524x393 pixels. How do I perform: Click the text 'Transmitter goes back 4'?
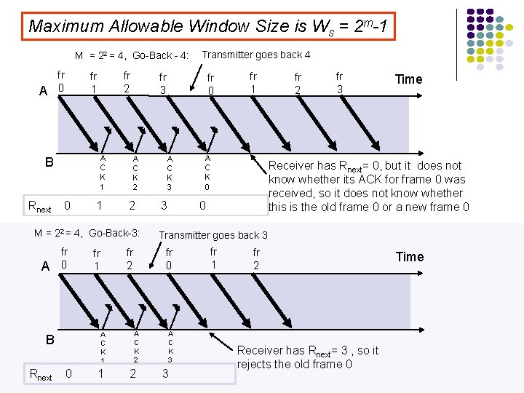point(256,55)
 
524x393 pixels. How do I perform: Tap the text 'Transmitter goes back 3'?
point(213,234)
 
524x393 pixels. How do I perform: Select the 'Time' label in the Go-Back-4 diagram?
point(408,79)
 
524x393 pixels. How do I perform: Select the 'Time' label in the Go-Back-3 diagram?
point(409,256)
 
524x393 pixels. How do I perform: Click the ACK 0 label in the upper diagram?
point(207,172)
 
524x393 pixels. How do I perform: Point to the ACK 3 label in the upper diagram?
point(169,172)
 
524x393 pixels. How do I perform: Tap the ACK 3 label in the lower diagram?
point(170,346)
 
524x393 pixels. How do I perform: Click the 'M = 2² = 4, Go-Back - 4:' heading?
point(132,55)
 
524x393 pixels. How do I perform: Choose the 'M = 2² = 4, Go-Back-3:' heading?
point(87,234)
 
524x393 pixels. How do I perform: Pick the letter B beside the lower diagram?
point(49,340)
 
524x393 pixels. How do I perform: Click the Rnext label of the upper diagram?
point(39,207)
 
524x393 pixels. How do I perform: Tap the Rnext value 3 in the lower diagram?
point(165,373)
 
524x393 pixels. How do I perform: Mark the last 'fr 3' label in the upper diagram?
point(339,82)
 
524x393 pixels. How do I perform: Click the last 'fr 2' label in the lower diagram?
point(256,259)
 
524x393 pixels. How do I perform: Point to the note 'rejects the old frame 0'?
point(295,364)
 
